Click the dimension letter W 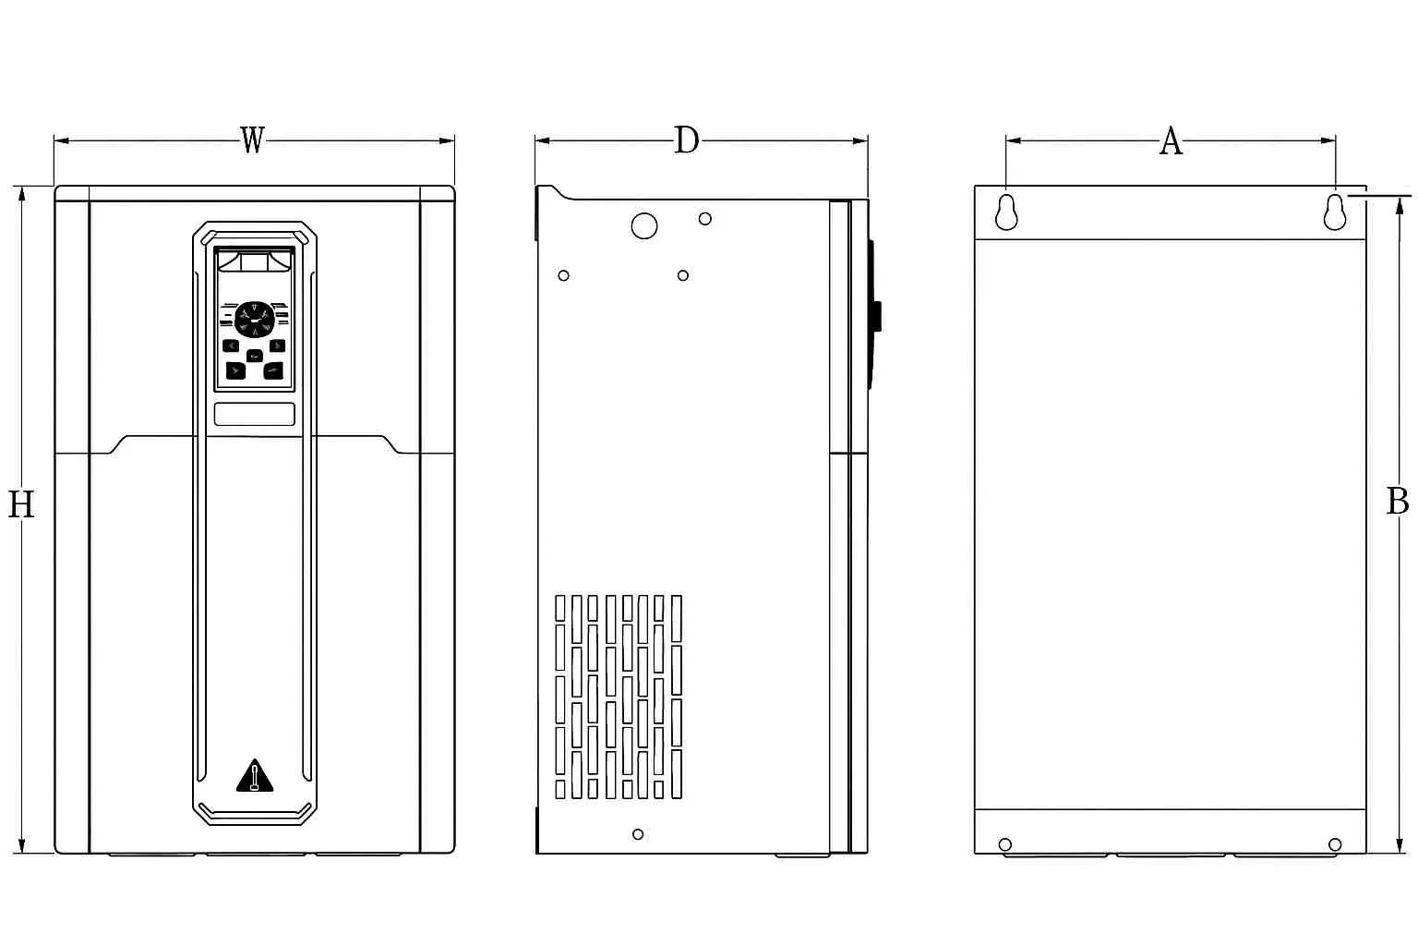click(252, 140)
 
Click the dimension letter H click(20, 504)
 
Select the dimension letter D click(686, 140)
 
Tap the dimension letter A click(1170, 141)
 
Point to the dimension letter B click(1397, 501)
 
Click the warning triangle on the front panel click(255, 777)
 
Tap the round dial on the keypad click(254, 318)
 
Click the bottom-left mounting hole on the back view click(1005, 844)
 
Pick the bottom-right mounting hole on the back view click(1334, 844)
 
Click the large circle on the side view click(643, 225)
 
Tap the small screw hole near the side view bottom click(638, 834)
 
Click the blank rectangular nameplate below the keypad click(255, 414)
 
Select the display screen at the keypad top click(255, 261)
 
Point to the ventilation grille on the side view click(619, 697)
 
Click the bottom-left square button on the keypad click(236, 370)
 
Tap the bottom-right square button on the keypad click(273, 370)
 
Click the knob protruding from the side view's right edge click(876, 316)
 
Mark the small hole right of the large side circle click(704, 219)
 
